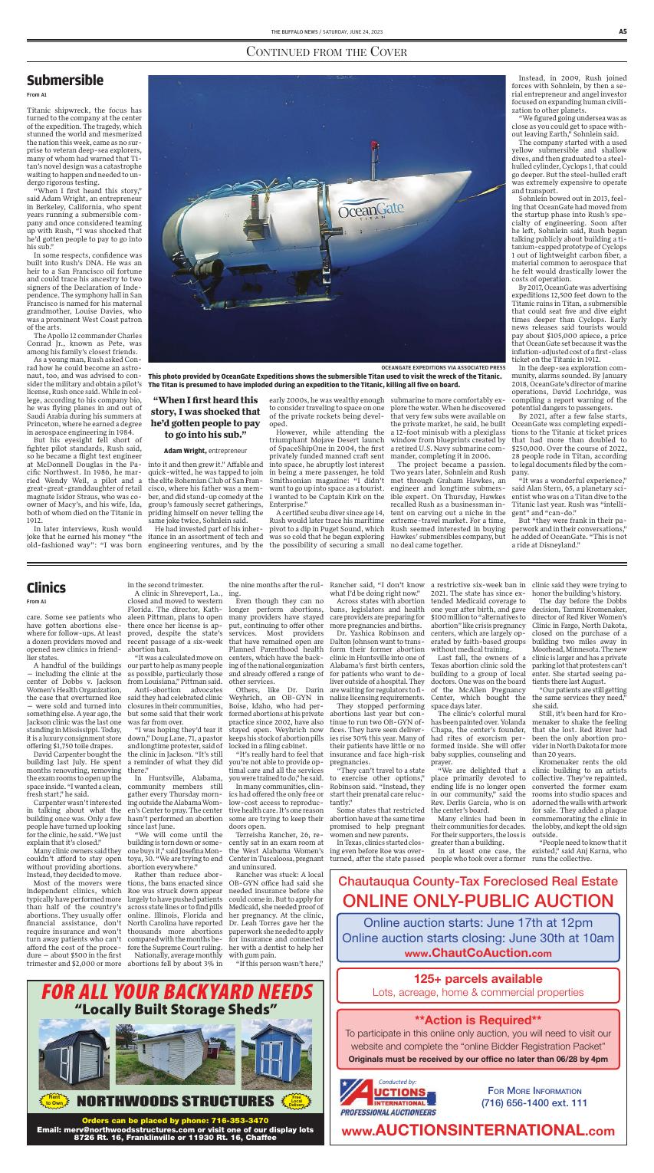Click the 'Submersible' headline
(x=64, y=80)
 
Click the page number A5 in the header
(x=623, y=31)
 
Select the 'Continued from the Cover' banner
(x=327, y=52)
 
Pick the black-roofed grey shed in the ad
(x=74, y=1062)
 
